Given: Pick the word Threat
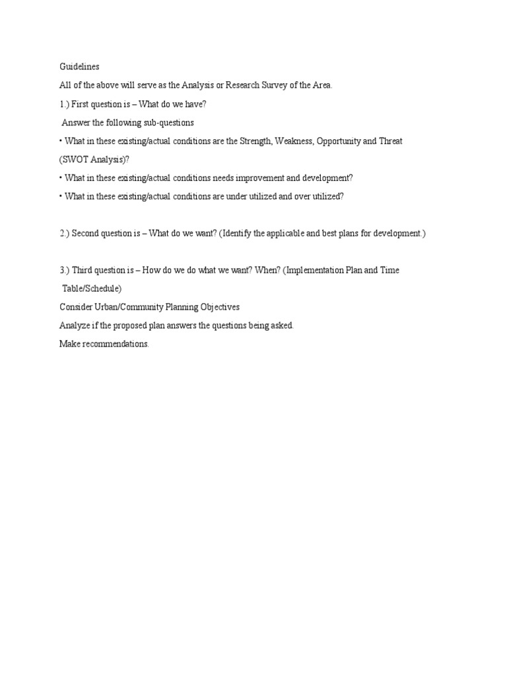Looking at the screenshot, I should pos(417,141).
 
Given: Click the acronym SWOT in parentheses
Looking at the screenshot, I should pos(74,159).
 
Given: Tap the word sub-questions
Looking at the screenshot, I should pos(168,122).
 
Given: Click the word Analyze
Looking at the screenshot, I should pos(75,325).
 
